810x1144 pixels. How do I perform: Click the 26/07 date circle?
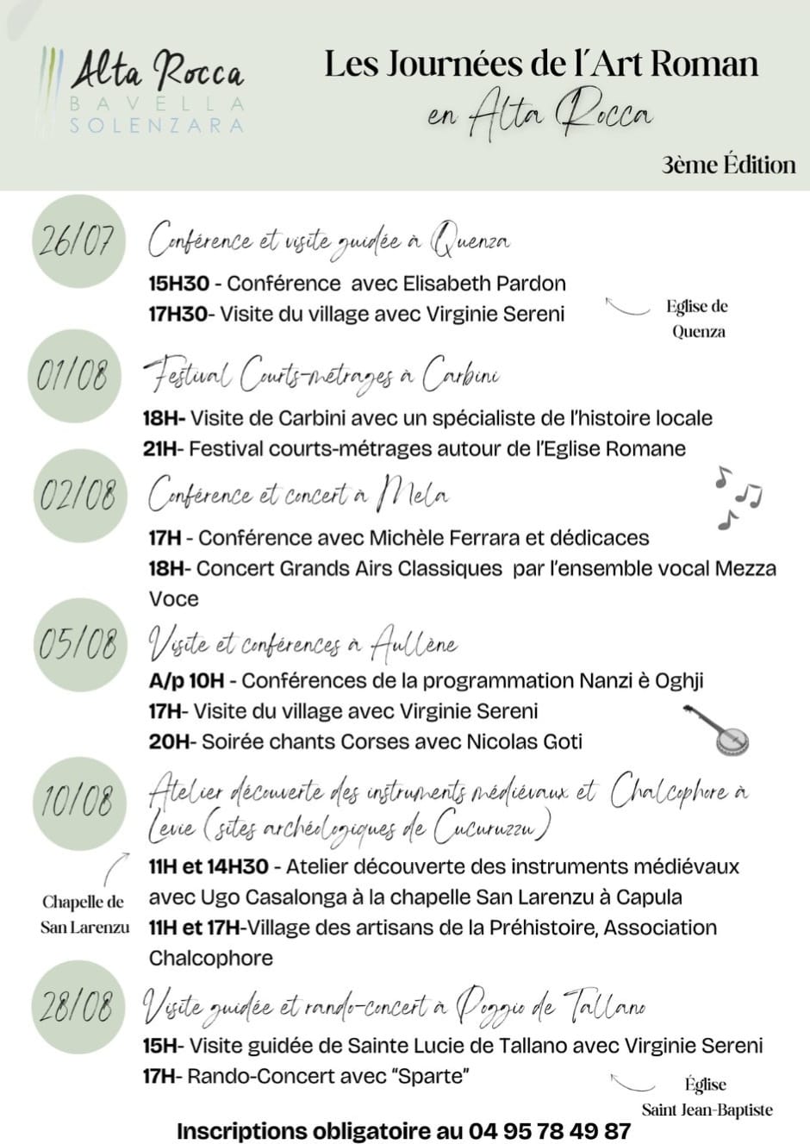76,239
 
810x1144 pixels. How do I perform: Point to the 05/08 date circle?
77,645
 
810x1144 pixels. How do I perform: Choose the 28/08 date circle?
76,1006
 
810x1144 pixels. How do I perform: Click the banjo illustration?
718,728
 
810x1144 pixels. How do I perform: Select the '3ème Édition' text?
728,165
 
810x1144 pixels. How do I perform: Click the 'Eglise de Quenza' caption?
697,319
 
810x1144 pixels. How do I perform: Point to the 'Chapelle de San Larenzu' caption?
84,915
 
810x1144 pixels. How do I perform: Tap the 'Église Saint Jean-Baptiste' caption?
707,1097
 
